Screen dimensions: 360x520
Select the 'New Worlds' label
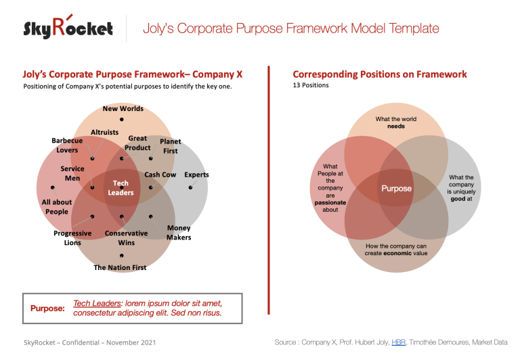coord(123,108)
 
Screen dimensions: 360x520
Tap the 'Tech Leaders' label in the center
coord(121,188)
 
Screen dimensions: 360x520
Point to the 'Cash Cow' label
coord(160,175)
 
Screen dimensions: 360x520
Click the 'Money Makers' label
coord(179,233)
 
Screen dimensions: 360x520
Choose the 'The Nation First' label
coord(120,267)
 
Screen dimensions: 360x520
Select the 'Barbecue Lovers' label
coord(67,145)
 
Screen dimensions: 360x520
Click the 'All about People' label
coord(57,207)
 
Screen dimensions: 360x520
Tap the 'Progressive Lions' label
coord(72,238)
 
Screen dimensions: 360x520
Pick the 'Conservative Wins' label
coord(126,238)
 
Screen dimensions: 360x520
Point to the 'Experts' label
coord(196,175)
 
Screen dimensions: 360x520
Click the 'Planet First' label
coord(170,146)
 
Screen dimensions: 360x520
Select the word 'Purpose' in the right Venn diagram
coord(396,188)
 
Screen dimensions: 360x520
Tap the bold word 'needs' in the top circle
coord(396,127)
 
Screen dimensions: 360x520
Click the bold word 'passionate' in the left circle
coord(330,202)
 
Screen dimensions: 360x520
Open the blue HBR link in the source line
coord(398,342)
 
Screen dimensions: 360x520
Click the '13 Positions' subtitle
coord(311,86)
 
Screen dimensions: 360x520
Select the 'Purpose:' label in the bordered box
coord(47,308)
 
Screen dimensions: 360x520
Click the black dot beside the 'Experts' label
coord(190,187)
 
